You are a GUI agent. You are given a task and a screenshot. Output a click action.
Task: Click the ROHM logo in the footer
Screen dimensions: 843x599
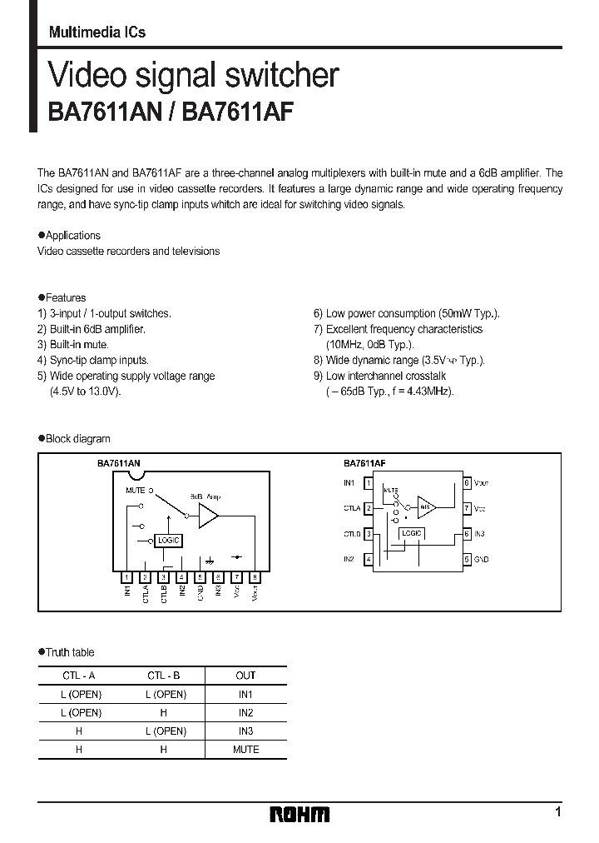299,814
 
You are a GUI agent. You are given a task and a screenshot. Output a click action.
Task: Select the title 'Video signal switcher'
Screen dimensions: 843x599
194,76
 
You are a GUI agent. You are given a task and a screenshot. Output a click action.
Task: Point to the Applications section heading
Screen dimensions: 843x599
72,236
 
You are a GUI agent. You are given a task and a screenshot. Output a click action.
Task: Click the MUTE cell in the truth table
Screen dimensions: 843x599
245,749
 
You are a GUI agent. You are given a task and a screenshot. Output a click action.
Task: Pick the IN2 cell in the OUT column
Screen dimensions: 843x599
245,712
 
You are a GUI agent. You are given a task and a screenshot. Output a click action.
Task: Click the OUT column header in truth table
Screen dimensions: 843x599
245,676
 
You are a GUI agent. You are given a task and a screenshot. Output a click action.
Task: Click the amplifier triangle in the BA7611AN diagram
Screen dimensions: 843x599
207,516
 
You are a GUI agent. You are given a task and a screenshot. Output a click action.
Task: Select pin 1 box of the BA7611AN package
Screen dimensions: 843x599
126,576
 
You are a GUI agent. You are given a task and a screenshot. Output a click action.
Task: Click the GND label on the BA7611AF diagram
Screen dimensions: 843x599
481,560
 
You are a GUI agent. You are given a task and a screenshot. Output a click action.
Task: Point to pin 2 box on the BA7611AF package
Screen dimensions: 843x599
369,507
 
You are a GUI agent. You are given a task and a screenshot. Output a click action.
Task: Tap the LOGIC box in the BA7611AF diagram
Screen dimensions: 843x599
412,533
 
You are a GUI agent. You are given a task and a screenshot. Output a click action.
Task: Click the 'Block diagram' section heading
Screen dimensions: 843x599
77,439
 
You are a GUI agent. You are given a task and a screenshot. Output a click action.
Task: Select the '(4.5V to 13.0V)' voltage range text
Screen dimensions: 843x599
86,392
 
